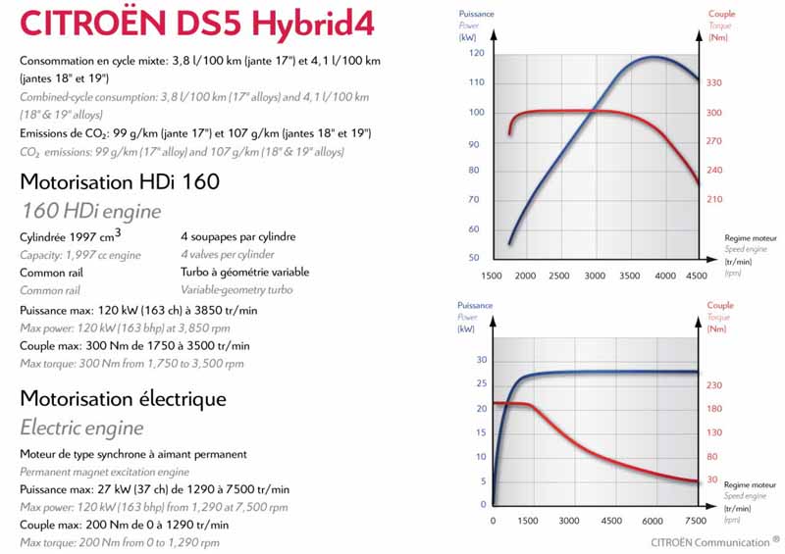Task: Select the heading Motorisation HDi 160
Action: [119, 181]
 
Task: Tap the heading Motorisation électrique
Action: [123, 399]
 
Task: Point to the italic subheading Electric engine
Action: [81, 428]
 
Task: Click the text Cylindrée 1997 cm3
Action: [71, 235]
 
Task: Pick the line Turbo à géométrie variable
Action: [244, 272]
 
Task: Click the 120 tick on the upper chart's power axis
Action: [477, 53]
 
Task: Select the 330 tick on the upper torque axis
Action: [713, 83]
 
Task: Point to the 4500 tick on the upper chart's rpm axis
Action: [695, 277]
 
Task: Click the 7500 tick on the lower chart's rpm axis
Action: [696, 521]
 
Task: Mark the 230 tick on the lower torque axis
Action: [713, 384]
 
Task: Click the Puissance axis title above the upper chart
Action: [477, 14]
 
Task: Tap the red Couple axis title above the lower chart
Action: [719, 305]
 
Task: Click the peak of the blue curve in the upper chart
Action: [654, 58]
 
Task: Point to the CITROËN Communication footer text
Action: [715, 541]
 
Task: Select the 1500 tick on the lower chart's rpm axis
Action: [528, 521]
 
